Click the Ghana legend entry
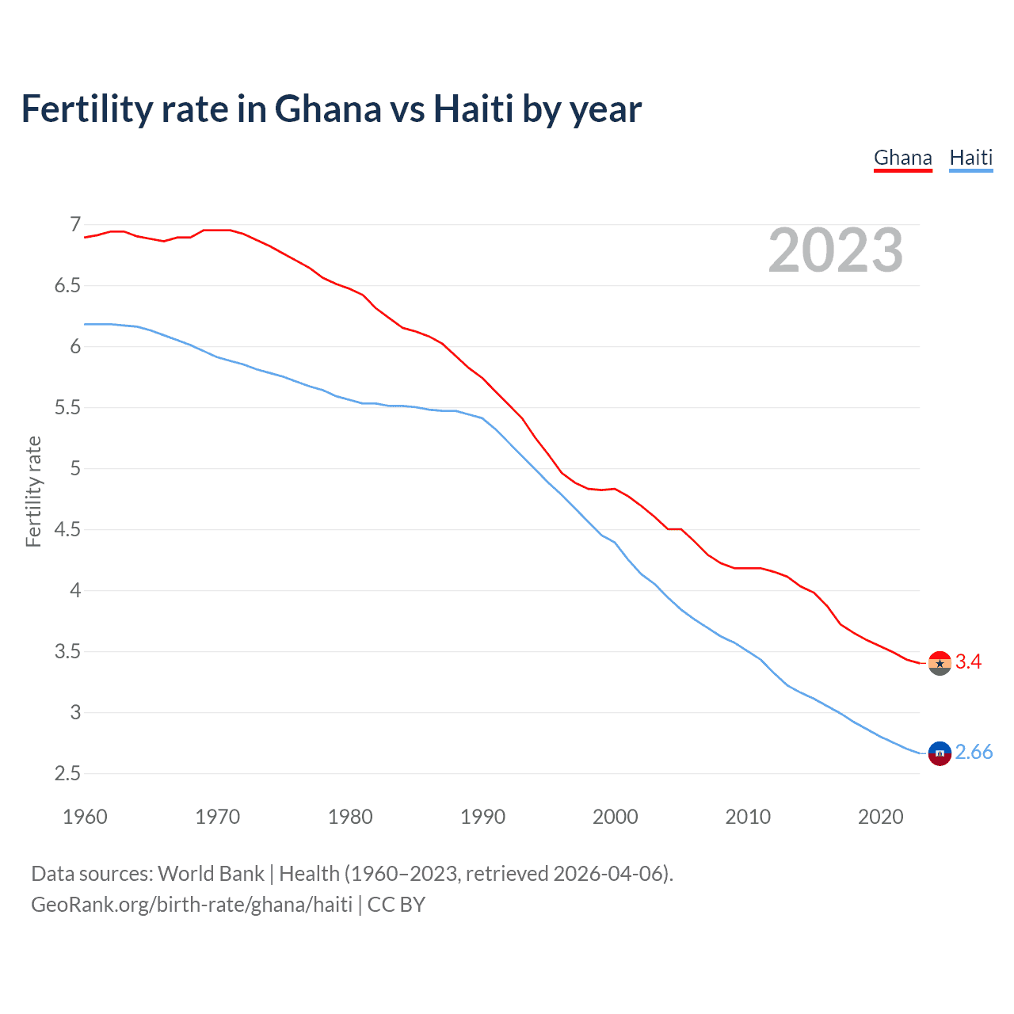tap(902, 158)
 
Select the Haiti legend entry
tap(970, 158)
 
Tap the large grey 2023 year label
tap(835, 250)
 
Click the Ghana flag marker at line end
tap(940, 663)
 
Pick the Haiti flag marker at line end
tap(940, 753)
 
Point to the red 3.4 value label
tap(968, 662)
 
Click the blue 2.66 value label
tap(974, 753)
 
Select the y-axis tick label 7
tap(75, 225)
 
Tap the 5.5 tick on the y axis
tap(67, 408)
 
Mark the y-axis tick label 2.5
tap(67, 774)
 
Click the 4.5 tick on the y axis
tap(67, 530)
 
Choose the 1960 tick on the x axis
tap(85, 817)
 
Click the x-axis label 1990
tap(482, 817)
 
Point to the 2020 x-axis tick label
tap(880, 817)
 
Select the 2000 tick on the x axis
tap(615, 817)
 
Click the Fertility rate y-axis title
tap(33, 491)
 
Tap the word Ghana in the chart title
tap(327, 109)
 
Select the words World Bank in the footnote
tap(211, 874)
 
